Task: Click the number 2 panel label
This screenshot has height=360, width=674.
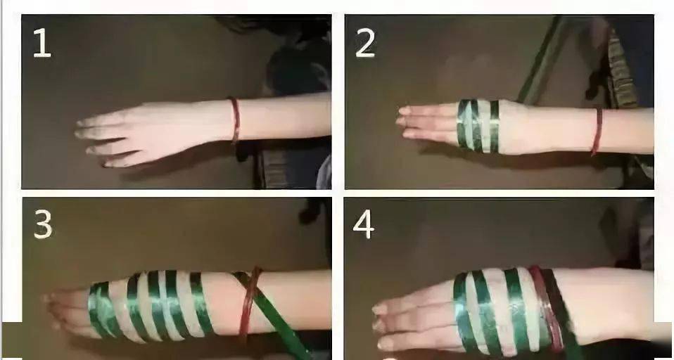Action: click(365, 44)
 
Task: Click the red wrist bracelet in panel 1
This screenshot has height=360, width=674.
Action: click(235, 120)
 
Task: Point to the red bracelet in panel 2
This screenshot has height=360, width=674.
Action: click(597, 131)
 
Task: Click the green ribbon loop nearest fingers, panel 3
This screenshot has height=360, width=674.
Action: click(100, 309)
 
